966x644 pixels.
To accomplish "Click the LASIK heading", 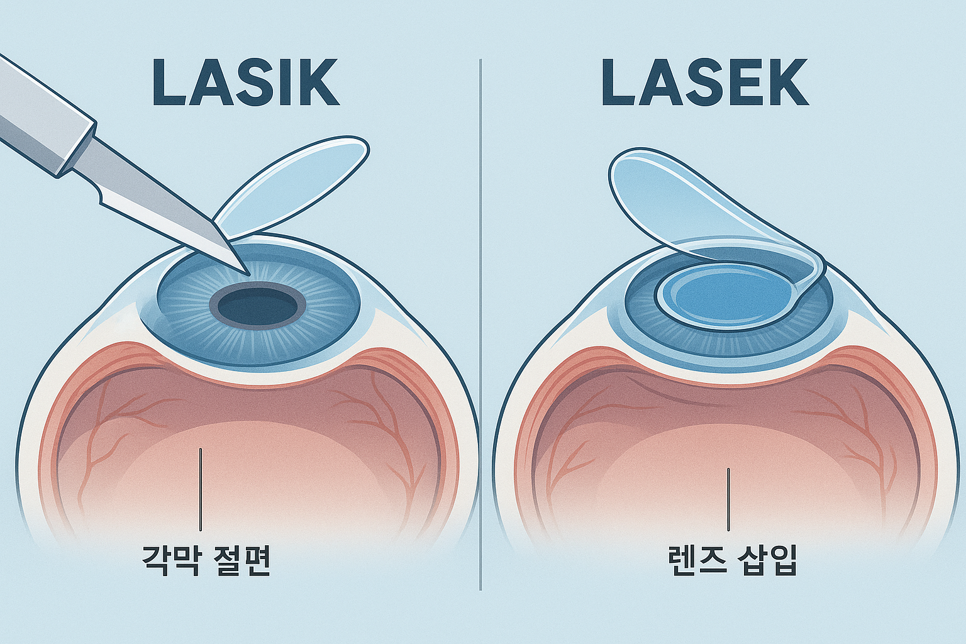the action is [245, 82].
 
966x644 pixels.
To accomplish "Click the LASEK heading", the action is [704, 82].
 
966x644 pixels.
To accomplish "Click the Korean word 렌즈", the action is [694, 561].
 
